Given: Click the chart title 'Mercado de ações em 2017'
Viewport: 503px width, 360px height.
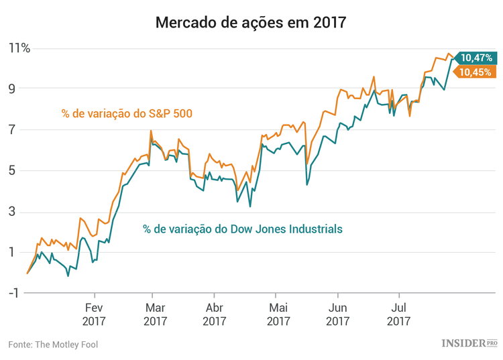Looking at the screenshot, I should (x=251, y=22).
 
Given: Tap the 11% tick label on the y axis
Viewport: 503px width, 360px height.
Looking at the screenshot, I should (x=19, y=48).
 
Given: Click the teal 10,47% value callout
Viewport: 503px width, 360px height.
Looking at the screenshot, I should (x=476, y=58).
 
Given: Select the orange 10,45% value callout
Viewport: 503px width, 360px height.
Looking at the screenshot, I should (x=476, y=72).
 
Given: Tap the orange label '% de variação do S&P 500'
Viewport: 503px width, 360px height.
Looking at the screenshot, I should (x=127, y=113).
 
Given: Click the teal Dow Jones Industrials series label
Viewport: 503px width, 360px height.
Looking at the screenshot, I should (x=243, y=229).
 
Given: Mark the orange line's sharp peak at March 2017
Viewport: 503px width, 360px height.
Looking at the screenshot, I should (x=151, y=131).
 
